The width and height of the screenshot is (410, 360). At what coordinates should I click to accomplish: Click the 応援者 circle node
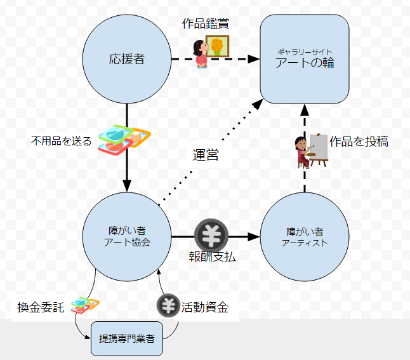click(127, 60)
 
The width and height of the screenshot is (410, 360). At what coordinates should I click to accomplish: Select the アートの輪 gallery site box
click(305, 59)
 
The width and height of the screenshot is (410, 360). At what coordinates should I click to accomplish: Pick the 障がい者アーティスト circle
click(305, 236)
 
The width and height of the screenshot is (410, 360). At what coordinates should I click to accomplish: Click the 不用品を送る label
click(62, 140)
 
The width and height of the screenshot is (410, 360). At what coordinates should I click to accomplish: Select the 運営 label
click(205, 154)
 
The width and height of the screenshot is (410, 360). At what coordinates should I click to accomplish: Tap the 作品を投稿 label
click(359, 142)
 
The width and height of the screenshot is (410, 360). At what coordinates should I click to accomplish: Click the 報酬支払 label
click(208, 257)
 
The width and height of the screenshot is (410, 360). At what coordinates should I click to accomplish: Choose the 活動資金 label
click(204, 307)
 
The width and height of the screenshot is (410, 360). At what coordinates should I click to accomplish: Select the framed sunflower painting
click(218, 46)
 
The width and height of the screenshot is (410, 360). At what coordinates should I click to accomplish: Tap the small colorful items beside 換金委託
click(84, 305)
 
